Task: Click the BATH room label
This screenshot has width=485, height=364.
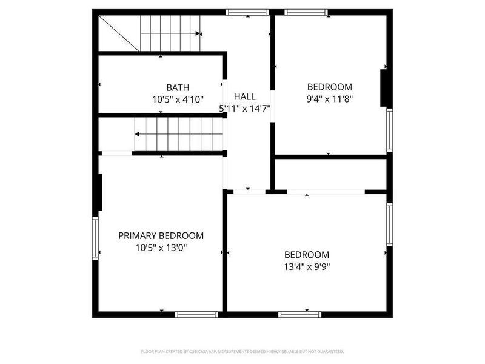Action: click(x=178, y=87)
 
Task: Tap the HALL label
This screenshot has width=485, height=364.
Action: click(x=244, y=96)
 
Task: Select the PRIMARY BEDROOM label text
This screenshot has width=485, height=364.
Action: click(x=161, y=236)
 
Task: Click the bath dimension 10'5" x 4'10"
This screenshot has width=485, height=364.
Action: click(x=178, y=99)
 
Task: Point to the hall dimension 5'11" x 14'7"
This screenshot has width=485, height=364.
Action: click(x=244, y=109)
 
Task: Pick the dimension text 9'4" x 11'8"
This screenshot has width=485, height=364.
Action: click(x=329, y=98)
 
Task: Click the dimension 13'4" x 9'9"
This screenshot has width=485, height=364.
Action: click(x=307, y=266)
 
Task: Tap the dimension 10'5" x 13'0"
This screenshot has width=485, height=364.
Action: click(x=161, y=248)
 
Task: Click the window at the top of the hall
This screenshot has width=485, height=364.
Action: click(x=247, y=12)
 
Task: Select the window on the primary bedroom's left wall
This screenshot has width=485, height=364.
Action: click(x=95, y=238)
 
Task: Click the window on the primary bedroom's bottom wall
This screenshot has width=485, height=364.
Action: click(x=196, y=314)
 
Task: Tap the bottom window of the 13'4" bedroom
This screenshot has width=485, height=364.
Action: click(x=299, y=314)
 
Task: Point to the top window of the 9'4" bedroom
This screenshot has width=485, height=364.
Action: click(x=307, y=12)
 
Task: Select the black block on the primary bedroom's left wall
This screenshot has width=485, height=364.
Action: click(x=101, y=193)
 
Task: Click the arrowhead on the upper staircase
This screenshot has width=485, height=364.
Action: click(x=199, y=34)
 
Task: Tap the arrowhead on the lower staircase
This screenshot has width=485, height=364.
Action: click(x=138, y=134)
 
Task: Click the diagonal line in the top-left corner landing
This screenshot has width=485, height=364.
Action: click(x=119, y=33)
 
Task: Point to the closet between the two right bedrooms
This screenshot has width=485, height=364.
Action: click(x=330, y=174)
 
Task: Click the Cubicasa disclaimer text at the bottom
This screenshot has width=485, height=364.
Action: click(x=242, y=351)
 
